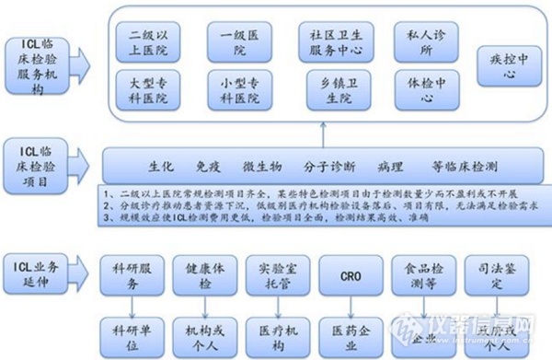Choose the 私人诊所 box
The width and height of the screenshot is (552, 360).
421,40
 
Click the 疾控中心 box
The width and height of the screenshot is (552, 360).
503,66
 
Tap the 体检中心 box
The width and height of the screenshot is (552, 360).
421,89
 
